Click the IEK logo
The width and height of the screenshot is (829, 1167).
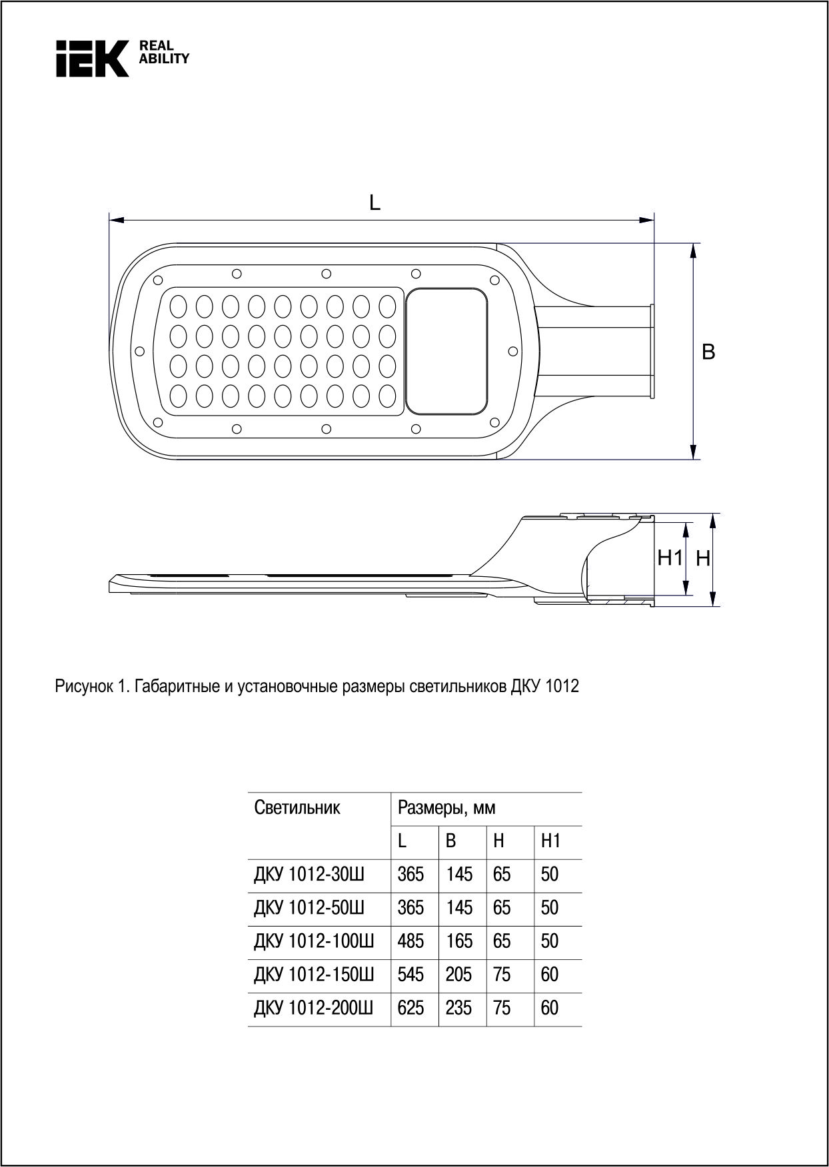[92, 58]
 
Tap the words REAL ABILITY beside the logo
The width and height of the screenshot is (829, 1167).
[163, 52]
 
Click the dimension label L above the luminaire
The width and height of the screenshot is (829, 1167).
[375, 203]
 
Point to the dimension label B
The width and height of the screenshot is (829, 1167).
[708, 352]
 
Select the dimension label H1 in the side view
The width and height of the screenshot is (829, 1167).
[670, 558]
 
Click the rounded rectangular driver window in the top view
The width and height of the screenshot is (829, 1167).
[447, 351]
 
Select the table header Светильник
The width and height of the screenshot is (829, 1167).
[297, 808]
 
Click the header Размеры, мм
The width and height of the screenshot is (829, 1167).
[446, 809]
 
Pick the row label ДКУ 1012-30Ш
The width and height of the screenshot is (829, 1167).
[309, 875]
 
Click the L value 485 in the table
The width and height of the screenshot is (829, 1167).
[411, 941]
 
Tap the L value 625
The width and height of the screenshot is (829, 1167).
[411, 1008]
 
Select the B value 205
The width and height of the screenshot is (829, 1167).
[458, 974]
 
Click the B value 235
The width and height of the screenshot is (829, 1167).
[458, 1008]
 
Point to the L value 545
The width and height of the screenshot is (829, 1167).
[411, 974]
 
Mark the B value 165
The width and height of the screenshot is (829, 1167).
[458, 941]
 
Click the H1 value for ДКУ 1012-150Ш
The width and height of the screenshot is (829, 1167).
[550, 974]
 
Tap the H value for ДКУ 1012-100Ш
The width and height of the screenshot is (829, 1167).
[502, 941]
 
